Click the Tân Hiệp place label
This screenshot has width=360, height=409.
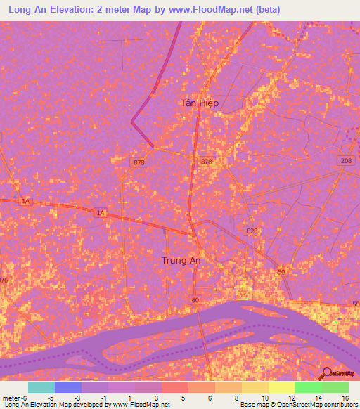pyautogui.click(x=200, y=103)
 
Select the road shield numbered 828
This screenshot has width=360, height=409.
pyautogui.click(x=253, y=231)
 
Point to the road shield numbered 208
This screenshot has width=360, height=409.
pyautogui.click(x=345, y=161)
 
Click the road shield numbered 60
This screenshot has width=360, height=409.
pyautogui.click(x=195, y=301)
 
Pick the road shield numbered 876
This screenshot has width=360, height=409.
pyautogui.click(x=4, y=280)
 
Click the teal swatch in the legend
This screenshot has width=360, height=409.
pyautogui.click(x=41, y=387)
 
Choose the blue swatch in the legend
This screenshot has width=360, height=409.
pyautogui.click(x=68, y=387)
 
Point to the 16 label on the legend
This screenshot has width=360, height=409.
pyautogui.click(x=345, y=397)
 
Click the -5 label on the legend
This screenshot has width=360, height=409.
pyautogui.click(x=49, y=397)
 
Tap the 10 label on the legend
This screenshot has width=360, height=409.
pyautogui.click(x=264, y=397)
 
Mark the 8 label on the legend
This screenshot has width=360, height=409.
pyautogui.click(x=237, y=397)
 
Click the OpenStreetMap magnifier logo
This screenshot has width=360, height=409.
pyautogui.click(x=326, y=374)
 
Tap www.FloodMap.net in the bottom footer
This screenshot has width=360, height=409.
pyautogui.click(x=141, y=405)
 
